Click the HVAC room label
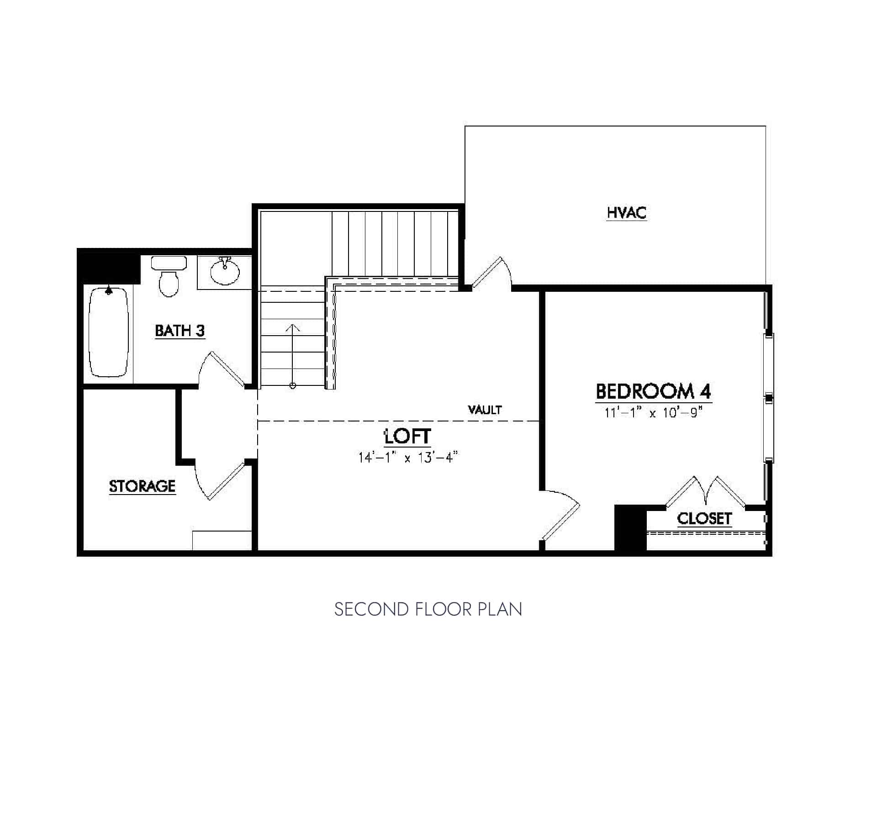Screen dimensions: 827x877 [626, 213]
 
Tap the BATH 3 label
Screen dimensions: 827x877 [180, 330]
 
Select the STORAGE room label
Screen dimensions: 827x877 [142, 486]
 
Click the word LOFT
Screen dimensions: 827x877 [407, 437]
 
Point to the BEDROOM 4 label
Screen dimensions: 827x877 [653, 391]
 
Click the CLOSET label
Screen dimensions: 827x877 [704, 518]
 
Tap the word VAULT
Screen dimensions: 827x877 [485, 410]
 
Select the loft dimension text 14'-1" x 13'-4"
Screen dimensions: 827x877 [407, 457]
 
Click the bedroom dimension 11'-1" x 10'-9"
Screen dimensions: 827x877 [653, 412]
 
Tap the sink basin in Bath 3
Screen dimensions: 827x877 [224, 272]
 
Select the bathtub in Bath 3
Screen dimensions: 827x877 [108, 332]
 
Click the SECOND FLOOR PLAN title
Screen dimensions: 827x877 [428, 610]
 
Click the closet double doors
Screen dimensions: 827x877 [706, 491]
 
